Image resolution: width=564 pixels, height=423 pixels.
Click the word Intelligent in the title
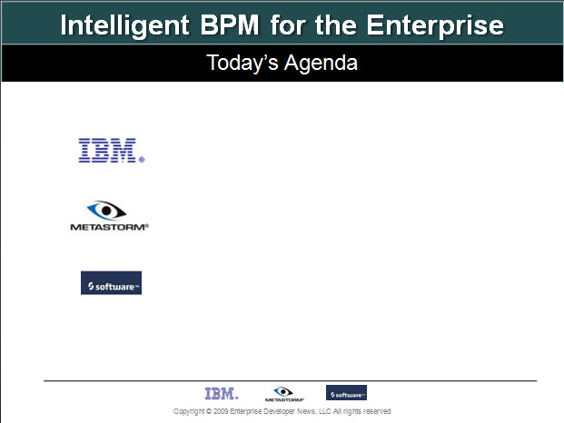(124, 26)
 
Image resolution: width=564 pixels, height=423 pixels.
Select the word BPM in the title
(230, 25)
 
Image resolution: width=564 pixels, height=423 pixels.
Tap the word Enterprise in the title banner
(435, 26)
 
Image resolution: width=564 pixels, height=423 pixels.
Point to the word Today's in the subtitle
(242, 64)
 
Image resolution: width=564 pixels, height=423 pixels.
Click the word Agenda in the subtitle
(321, 64)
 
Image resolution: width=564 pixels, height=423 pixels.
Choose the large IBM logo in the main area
(107, 150)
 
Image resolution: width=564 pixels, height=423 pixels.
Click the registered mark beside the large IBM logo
(142, 160)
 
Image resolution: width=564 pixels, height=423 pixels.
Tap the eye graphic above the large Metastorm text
(106, 211)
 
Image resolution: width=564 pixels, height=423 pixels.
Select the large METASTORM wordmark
(109, 227)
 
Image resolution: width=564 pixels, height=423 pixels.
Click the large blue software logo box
(111, 283)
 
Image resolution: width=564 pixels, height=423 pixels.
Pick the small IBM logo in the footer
(222, 394)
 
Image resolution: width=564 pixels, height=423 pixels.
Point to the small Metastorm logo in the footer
(284, 394)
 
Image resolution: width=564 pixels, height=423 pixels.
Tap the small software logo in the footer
(346, 392)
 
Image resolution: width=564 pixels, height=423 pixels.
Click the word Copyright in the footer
(189, 411)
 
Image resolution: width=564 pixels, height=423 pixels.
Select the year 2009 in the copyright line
(221, 411)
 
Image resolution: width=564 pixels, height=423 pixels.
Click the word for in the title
(289, 25)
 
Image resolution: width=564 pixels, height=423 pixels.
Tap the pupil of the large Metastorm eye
(106, 211)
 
